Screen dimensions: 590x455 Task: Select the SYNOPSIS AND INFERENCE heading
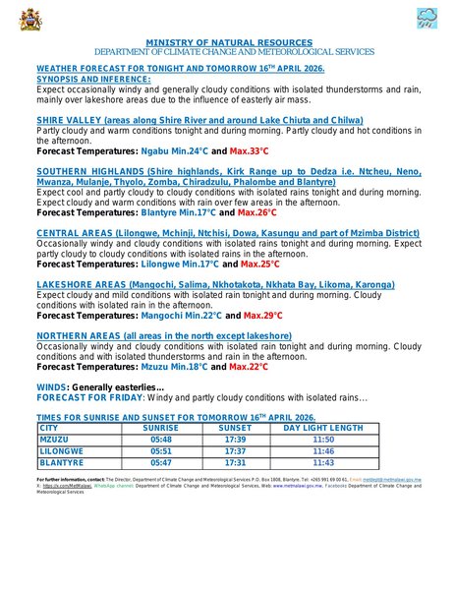pyautogui.click(x=93, y=79)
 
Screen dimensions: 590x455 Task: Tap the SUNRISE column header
pyautogui.click(x=161, y=429)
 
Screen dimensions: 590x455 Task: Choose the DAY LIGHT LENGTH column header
pyautogui.click(x=322, y=429)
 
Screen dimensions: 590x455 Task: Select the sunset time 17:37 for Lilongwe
pyautogui.click(x=234, y=450)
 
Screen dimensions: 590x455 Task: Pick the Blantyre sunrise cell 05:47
pyautogui.click(x=161, y=461)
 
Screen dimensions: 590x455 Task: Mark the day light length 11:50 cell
pyautogui.click(x=322, y=440)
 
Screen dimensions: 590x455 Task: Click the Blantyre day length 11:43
pyautogui.click(x=322, y=461)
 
